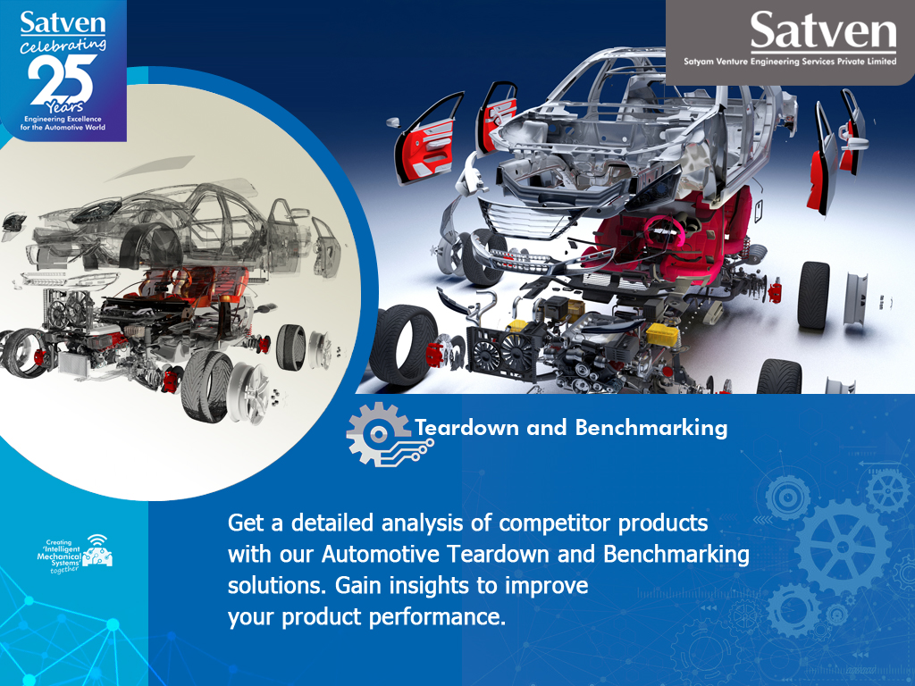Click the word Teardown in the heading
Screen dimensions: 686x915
pos(466,429)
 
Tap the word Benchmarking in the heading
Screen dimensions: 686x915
pos(651,429)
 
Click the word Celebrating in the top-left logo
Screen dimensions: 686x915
pos(63,46)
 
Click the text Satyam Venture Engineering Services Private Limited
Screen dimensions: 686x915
pos(790,63)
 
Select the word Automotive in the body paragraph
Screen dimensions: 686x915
pos(382,554)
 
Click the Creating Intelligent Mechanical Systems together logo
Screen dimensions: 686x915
pos(77,555)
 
